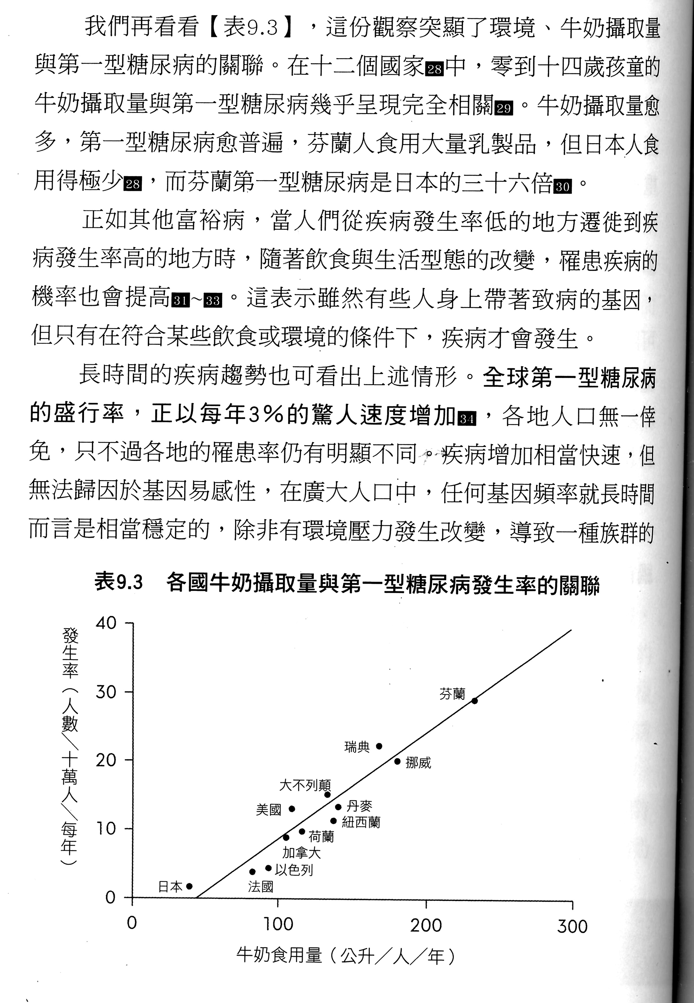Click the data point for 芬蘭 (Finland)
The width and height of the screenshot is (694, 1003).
click(474, 701)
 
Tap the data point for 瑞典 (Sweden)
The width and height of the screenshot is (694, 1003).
click(379, 746)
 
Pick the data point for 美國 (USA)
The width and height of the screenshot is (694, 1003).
click(292, 809)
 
